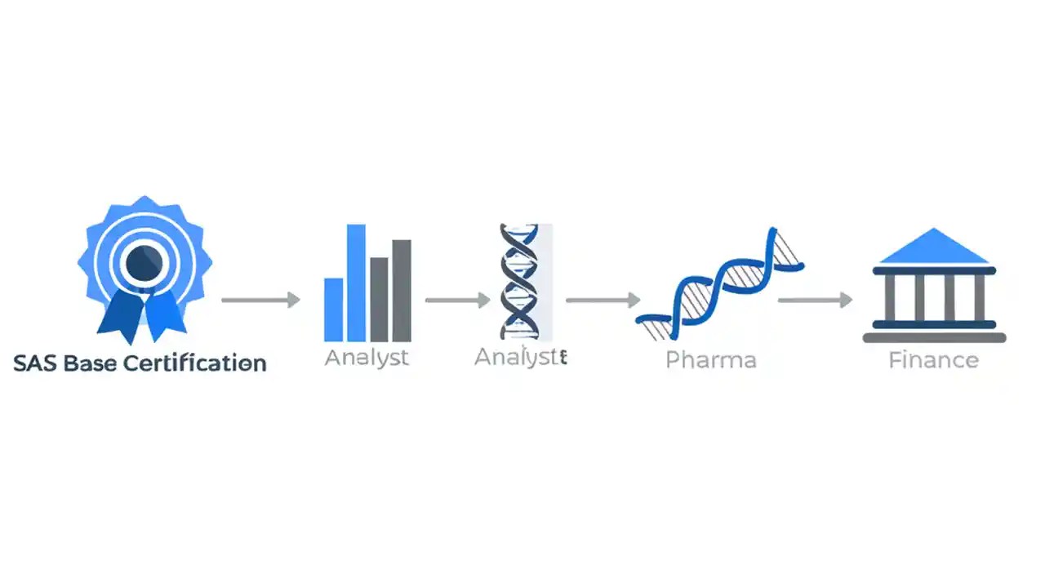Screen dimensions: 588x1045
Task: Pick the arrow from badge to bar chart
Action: pyautogui.click(x=260, y=300)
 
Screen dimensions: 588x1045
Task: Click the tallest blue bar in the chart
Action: pyautogui.click(x=356, y=283)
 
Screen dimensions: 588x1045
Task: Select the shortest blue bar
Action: pyautogui.click(x=333, y=310)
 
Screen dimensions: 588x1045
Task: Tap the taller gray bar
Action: pyautogui.click(x=402, y=290)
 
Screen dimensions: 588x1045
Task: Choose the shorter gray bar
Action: pyautogui.click(x=379, y=299)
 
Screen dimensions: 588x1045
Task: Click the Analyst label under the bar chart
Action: pyautogui.click(x=367, y=358)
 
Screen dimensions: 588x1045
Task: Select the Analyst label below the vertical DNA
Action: pyautogui.click(x=520, y=357)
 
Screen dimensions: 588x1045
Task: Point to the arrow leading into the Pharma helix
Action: pyautogui.click(x=603, y=300)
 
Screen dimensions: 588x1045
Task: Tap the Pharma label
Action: pyautogui.click(x=710, y=359)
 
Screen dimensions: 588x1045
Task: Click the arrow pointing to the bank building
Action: pyautogui.click(x=815, y=300)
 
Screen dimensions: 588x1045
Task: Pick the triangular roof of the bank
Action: pyautogui.click(x=933, y=247)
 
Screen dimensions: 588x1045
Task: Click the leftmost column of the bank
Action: pyautogui.click(x=888, y=297)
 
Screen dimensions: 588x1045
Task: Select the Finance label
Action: pyautogui.click(x=933, y=359)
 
